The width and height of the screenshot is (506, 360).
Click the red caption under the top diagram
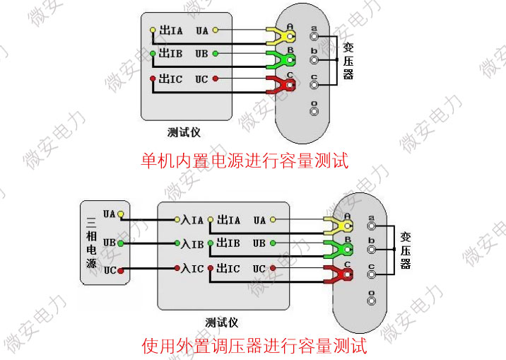pos(245,161)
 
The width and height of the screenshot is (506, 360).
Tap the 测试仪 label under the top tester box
pos(183,132)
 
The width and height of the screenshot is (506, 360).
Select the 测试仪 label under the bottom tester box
pos(221,323)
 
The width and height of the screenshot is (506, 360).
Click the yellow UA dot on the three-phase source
pos(121,214)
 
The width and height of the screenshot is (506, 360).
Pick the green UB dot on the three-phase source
pos(121,243)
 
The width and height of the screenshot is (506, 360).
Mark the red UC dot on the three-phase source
pos(121,270)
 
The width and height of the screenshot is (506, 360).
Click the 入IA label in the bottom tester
pos(193,221)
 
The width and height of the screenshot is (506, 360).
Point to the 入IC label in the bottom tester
pos(193,269)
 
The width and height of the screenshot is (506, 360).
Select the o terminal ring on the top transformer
pos(314,108)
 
